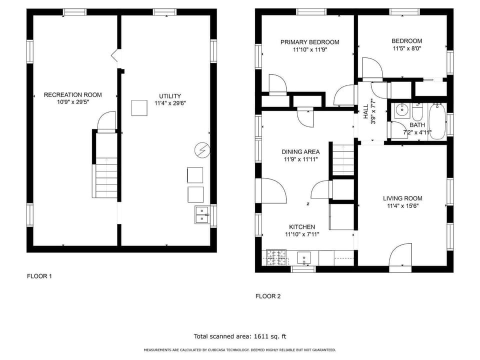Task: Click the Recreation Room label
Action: [x=73, y=95]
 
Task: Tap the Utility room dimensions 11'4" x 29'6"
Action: [x=170, y=103]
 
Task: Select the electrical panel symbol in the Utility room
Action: [x=202, y=150]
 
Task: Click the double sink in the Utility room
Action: [x=202, y=214]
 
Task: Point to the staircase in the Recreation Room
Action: [x=106, y=177]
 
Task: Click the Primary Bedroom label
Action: [x=310, y=42]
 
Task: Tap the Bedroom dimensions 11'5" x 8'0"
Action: [x=407, y=48]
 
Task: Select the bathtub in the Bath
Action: [x=437, y=121]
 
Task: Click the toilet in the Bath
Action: [x=417, y=112]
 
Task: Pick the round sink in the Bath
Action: [x=400, y=109]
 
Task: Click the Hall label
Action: [x=366, y=111]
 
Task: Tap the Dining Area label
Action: [x=300, y=152]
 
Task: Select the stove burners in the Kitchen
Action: [x=276, y=258]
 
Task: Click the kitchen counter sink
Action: [x=304, y=258]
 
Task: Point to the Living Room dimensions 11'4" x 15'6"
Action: [x=403, y=206]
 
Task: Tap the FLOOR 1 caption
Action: [x=39, y=276]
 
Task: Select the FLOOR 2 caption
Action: [x=268, y=296]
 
